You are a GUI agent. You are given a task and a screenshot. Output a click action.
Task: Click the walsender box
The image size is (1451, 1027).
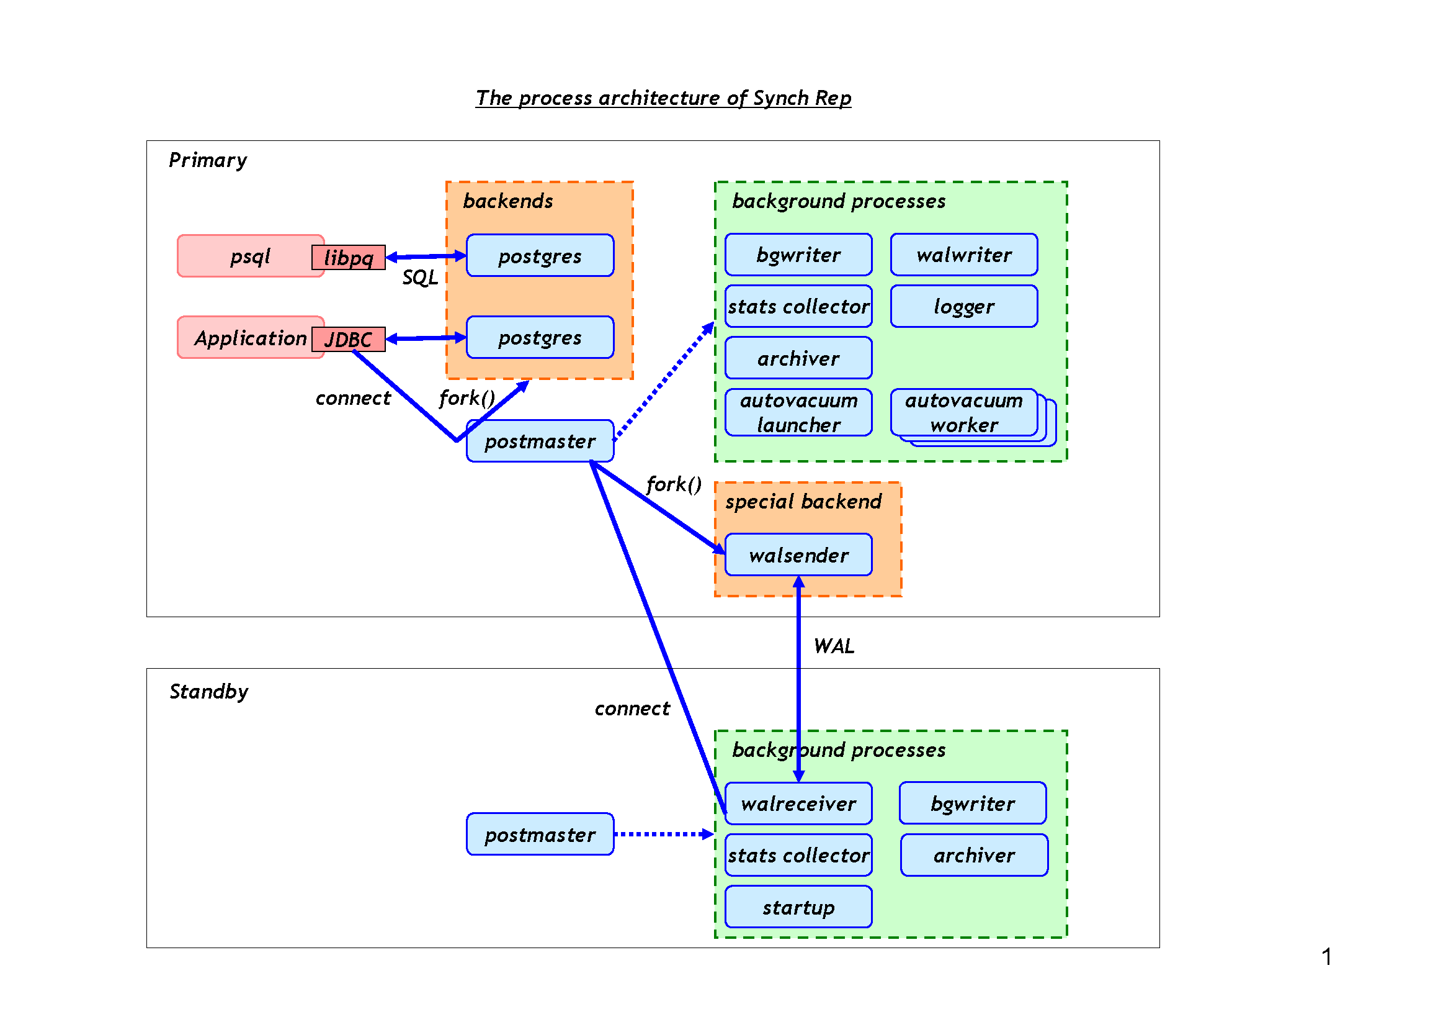coord(798,554)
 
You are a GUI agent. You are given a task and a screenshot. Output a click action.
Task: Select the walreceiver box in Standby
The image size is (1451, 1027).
coord(798,803)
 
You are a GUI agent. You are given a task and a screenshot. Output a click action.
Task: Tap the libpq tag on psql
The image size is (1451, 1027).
coord(348,258)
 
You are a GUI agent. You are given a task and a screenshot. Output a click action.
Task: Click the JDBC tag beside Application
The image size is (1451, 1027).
coord(348,339)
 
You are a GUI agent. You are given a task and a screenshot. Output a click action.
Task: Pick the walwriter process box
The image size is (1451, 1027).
coord(964,255)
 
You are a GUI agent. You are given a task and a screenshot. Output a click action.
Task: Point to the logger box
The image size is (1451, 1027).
coord(964,307)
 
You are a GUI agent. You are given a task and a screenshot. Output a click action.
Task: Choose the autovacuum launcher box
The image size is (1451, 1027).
coord(798,412)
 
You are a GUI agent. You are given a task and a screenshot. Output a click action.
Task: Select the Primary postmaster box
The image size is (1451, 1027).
coord(540,441)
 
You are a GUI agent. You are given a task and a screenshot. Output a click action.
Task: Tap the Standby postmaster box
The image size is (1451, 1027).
coord(540,834)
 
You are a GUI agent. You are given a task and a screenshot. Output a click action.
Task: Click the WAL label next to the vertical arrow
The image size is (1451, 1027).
coord(834,646)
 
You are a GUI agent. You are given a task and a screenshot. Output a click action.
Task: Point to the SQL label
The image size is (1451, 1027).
coord(419,277)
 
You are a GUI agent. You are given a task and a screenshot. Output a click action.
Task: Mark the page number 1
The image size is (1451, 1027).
coord(1326,957)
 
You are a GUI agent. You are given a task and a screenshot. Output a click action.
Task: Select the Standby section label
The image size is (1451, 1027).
coord(208,691)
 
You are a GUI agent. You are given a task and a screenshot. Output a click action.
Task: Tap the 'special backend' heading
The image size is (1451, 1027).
coord(803,502)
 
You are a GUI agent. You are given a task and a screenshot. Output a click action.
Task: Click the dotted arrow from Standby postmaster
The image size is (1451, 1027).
coord(664,834)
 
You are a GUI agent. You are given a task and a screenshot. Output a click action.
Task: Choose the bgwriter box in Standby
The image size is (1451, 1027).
coord(973,803)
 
